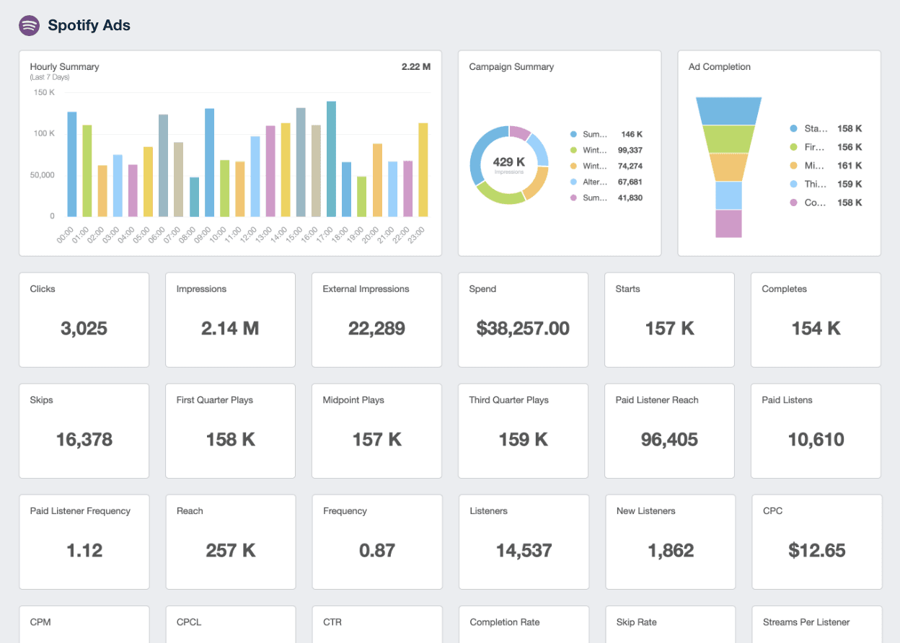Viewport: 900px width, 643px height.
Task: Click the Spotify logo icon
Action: pyautogui.click(x=29, y=25)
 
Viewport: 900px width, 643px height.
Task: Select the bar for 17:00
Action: pyautogui.click(x=331, y=159)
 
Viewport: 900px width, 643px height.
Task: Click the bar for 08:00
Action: pyautogui.click(x=194, y=197)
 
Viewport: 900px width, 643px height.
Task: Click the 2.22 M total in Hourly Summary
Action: pyautogui.click(x=415, y=67)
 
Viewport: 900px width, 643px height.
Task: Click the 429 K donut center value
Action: pyautogui.click(x=509, y=162)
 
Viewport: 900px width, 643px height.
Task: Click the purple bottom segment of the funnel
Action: pyautogui.click(x=728, y=223)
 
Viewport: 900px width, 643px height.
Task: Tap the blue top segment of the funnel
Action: pyautogui.click(x=728, y=111)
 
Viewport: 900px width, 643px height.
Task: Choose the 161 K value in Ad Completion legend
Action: pyautogui.click(x=849, y=166)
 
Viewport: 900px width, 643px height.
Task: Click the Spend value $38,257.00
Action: pyautogui.click(x=523, y=329)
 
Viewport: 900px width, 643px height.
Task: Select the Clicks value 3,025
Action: pyautogui.click(x=84, y=329)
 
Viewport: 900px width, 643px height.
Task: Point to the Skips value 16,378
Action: pyautogui.click(x=84, y=440)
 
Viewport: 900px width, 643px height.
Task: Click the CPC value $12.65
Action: pyautogui.click(x=816, y=551)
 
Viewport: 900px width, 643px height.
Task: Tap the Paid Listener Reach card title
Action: pyautogui.click(x=656, y=400)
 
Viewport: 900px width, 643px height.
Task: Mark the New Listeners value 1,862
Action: pyautogui.click(x=670, y=551)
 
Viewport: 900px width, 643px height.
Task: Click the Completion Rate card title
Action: pyautogui.click(x=504, y=622)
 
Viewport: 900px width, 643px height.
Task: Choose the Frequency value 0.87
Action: pyautogui.click(x=376, y=551)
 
